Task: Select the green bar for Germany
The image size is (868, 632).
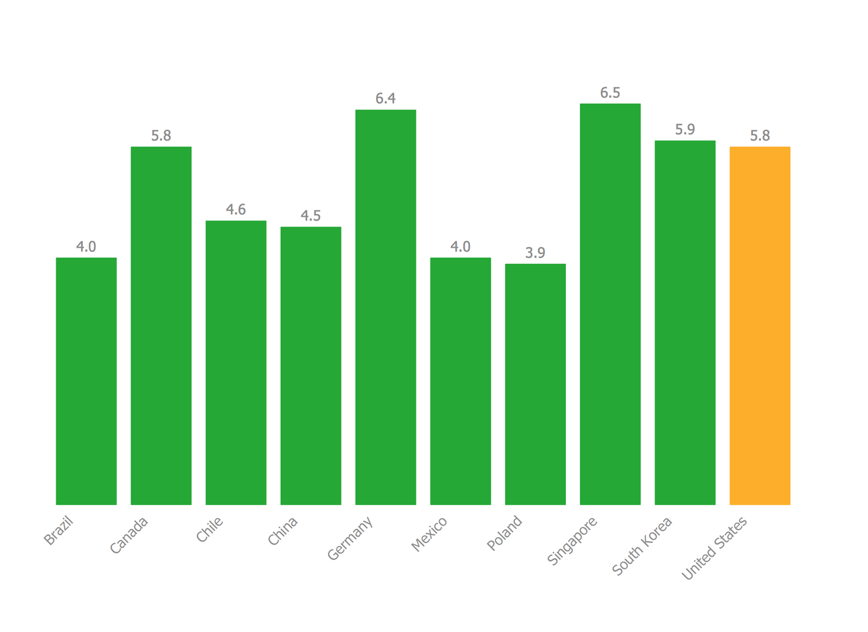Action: click(x=385, y=307)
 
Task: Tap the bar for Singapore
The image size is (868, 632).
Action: click(x=610, y=304)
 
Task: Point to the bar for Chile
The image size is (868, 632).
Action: click(x=236, y=362)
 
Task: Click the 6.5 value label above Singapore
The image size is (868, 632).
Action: click(x=610, y=93)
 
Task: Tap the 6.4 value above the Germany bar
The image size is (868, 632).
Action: click(x=385, y=99)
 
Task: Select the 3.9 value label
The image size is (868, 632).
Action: click(x=535, y=253)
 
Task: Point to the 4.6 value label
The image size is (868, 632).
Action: click(x=236, y=210)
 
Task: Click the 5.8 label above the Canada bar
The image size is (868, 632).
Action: click(x=161, y=136)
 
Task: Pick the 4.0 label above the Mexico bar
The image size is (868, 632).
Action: click(x=461, y=247)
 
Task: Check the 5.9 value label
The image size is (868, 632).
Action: click(x=685, y=130)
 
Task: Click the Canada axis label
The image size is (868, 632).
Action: click(x=129, y=535)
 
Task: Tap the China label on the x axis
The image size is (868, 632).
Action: click(x=283, y=531)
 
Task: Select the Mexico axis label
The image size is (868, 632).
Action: click(x=429, y=534)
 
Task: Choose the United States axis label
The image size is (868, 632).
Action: click(x=715, y=548)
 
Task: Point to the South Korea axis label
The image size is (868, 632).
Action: click(x=642, y=546)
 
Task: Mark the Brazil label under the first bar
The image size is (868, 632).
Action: click(x=59, y=531)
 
